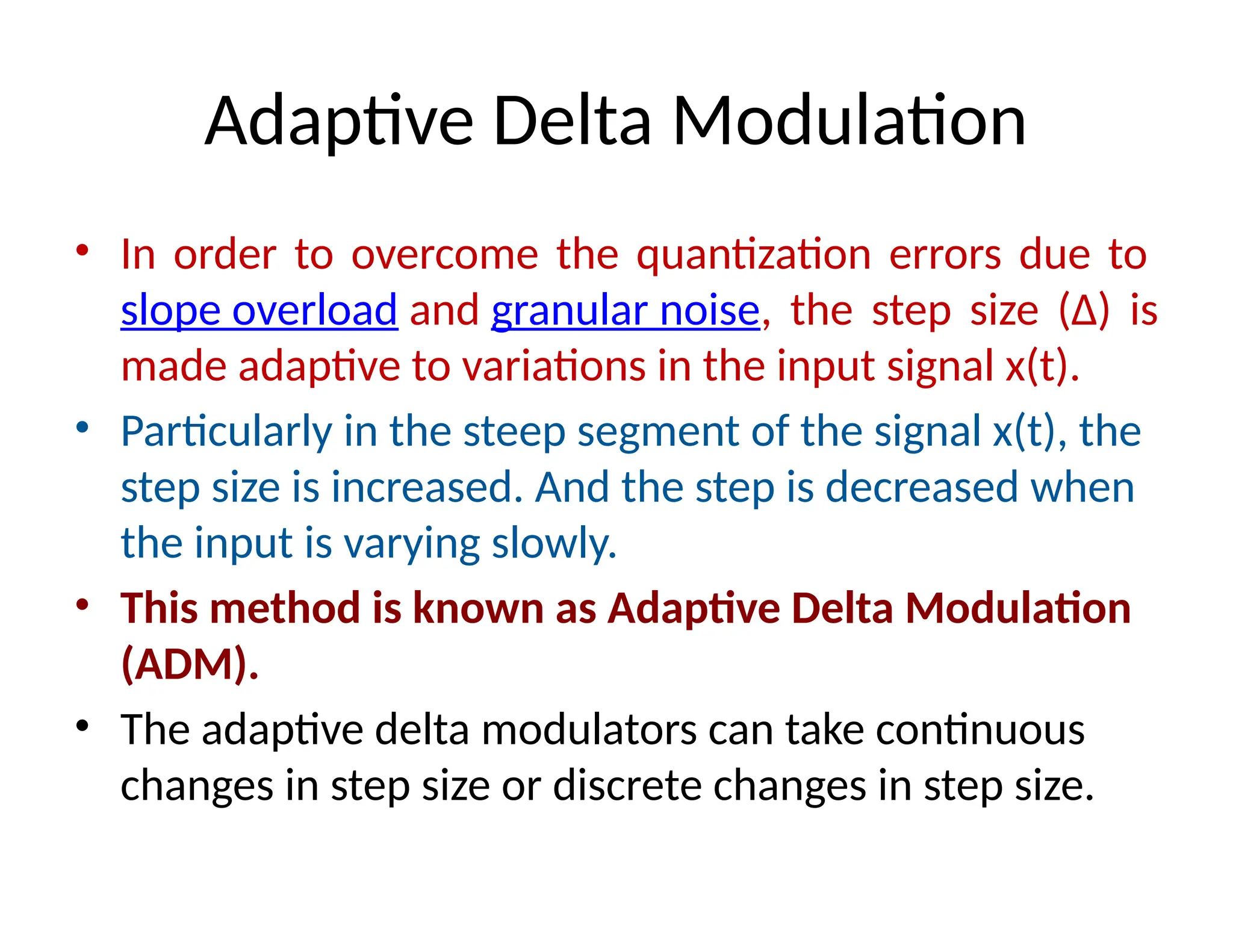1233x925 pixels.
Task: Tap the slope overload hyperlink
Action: click(259, 311)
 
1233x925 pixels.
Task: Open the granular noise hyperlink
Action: click(626, 311)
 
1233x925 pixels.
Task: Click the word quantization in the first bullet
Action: click(753, 255)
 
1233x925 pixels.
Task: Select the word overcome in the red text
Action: click(444, 255)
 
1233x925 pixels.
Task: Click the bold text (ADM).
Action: click(189, 664)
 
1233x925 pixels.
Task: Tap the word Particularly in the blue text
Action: click(226, 432)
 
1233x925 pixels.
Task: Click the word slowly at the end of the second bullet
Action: click(554, 543)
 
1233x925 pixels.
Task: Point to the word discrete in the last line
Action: click(627, 786)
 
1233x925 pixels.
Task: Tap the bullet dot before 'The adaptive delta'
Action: click(82, 726)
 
